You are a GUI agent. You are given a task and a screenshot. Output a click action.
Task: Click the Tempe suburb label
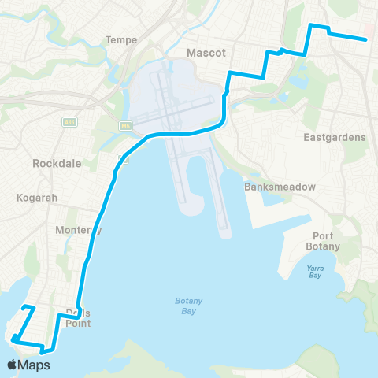coord(121,39)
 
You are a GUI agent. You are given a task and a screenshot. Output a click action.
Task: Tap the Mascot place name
coord(206,53)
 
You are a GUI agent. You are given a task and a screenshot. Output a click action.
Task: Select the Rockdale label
coord(52,164)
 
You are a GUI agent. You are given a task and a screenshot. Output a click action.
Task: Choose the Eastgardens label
coord(335,137)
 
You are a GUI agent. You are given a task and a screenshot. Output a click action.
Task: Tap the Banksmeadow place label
coord(280,187)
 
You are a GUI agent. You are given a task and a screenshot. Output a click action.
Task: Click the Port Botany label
coord(326,241)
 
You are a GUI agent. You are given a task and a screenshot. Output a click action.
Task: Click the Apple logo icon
coord(13,365)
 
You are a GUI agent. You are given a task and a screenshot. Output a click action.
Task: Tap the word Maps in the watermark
coord(35,365)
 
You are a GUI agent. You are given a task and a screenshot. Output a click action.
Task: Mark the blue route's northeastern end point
coord(365,39)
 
